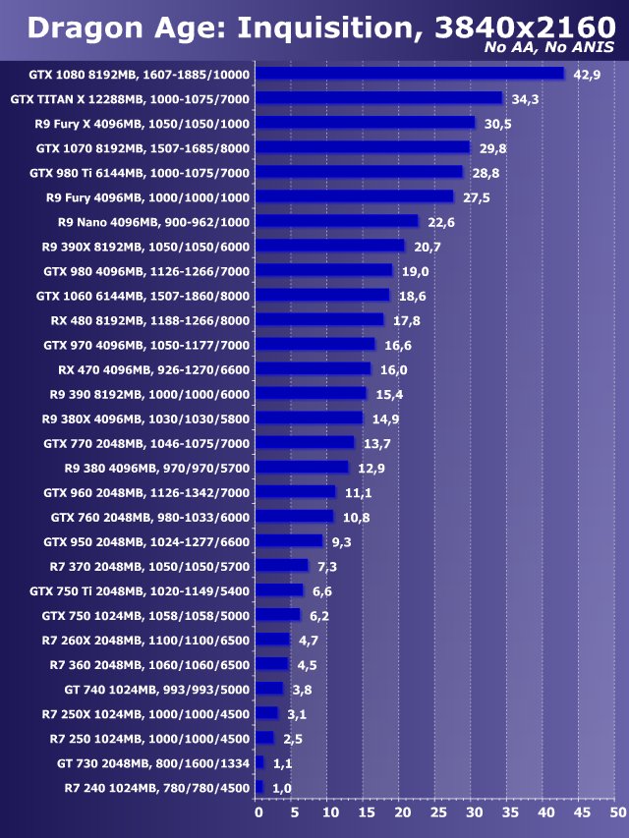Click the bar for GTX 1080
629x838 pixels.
coord(410,74)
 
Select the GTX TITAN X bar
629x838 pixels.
coord(378,98)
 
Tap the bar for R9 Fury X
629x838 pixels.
coord(365,123)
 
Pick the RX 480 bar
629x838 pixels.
coord(319,319)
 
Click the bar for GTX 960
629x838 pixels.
coord(296,491)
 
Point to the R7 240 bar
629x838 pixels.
coord(259,787)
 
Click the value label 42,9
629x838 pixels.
coord(587,75)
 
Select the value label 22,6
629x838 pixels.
coord(441,222)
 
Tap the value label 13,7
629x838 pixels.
coord(377,443)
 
